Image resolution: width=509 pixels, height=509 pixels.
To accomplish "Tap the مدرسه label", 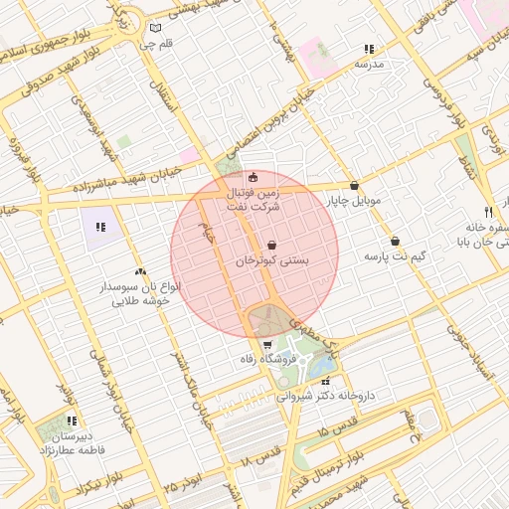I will (369, 64).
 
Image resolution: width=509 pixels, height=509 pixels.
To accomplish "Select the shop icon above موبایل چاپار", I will (355, 185).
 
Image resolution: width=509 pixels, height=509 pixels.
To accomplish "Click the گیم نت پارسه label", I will (395, 256).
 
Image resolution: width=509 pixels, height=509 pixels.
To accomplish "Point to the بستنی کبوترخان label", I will (272, 258).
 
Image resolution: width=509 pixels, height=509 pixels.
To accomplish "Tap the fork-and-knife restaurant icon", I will (488, 212).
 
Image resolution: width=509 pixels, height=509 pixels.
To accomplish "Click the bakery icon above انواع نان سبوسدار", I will (139, 271).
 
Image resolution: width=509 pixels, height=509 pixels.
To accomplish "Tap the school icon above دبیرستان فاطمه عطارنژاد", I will (71, 422).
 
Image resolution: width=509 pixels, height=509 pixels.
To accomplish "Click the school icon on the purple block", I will (100, 227).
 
